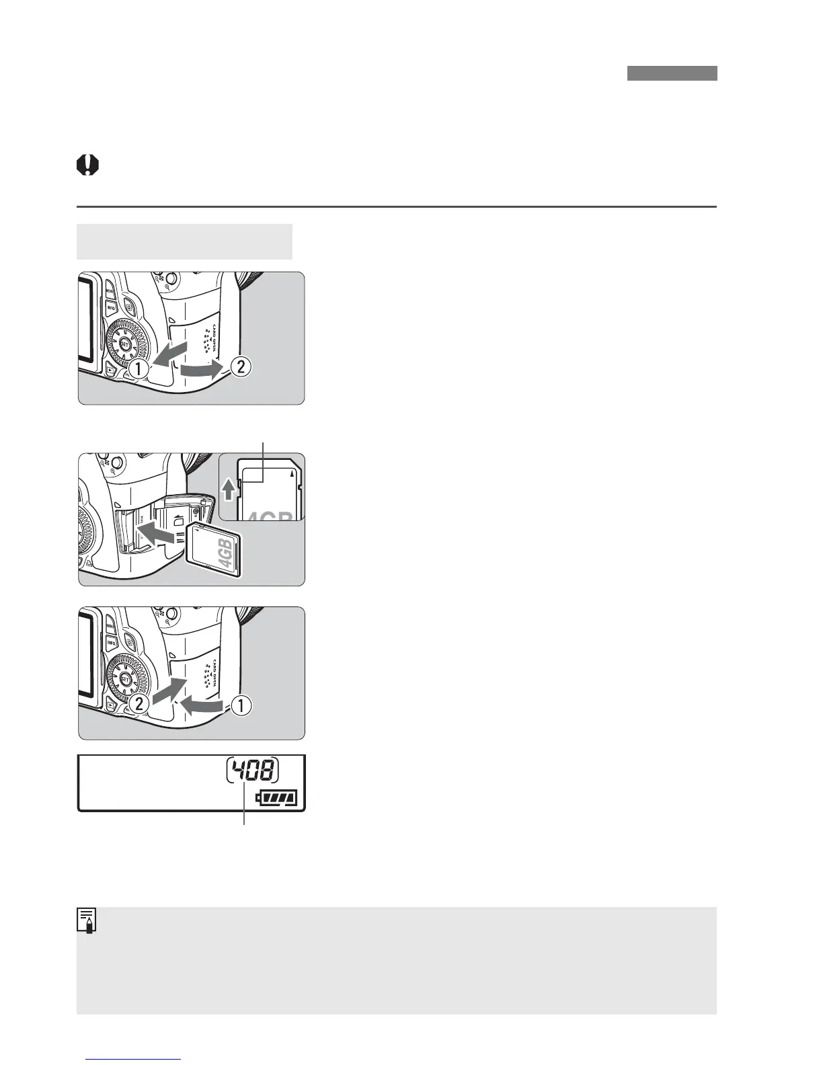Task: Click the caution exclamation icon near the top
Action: click(x=87, y=165)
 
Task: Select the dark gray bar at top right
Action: click(x=672, y=73)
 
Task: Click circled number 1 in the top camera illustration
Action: click(x=139, y=368)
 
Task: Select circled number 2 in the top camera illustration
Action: click(x=241, y=367)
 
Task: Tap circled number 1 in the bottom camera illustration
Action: click(x=241, y=705)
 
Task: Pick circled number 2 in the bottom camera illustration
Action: click(x=139, y=704)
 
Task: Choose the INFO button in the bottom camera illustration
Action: click(x=111, y=643)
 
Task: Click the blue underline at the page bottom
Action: click(x=134, y=1060)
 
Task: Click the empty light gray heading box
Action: click(x=184, y=241)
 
